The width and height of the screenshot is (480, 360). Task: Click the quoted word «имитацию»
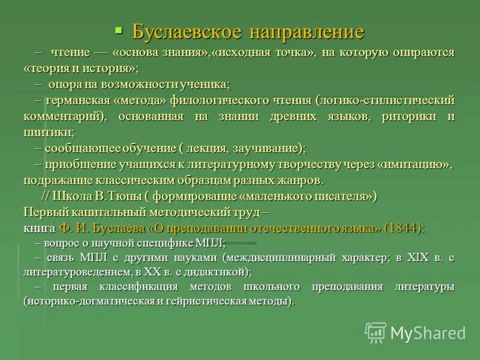[415, 164]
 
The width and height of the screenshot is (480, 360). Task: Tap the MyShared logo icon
[376, 332]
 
